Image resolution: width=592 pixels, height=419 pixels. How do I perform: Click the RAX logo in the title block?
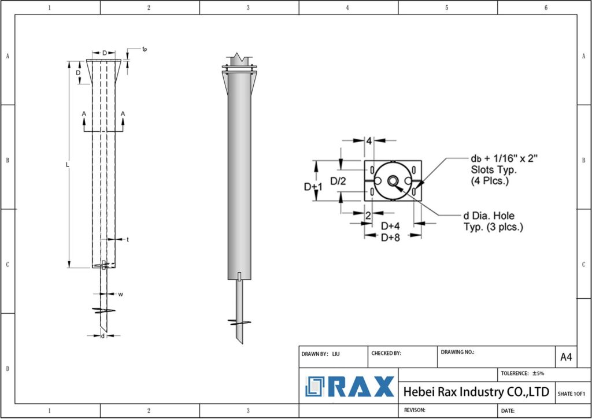[350, 387]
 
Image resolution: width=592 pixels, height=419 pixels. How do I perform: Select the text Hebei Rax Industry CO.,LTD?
[476, 392]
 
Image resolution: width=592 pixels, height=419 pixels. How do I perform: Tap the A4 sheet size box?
[566, 357]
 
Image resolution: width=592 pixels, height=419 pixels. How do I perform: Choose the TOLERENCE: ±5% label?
[523, 373]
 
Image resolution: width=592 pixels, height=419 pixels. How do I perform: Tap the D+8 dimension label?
[391, 238]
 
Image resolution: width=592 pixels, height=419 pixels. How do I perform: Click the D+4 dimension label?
[391, 225]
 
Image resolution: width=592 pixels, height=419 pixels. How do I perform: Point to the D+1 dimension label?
[313, 187]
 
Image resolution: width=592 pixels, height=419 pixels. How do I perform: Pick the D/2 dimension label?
[338, 181]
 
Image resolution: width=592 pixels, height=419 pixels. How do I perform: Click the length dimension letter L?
[68, 165]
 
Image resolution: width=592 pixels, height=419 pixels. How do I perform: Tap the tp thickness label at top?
[145, 49]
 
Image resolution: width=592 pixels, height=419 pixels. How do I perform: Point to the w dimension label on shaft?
[121, 294]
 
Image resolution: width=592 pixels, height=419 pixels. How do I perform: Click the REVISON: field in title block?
[415, 410]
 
